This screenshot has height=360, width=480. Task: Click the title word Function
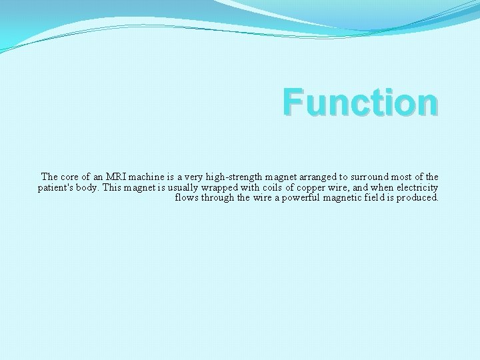360,103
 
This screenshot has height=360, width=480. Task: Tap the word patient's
57,187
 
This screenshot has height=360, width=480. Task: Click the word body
91,187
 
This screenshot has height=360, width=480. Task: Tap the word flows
187,198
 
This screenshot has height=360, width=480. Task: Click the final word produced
419,198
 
